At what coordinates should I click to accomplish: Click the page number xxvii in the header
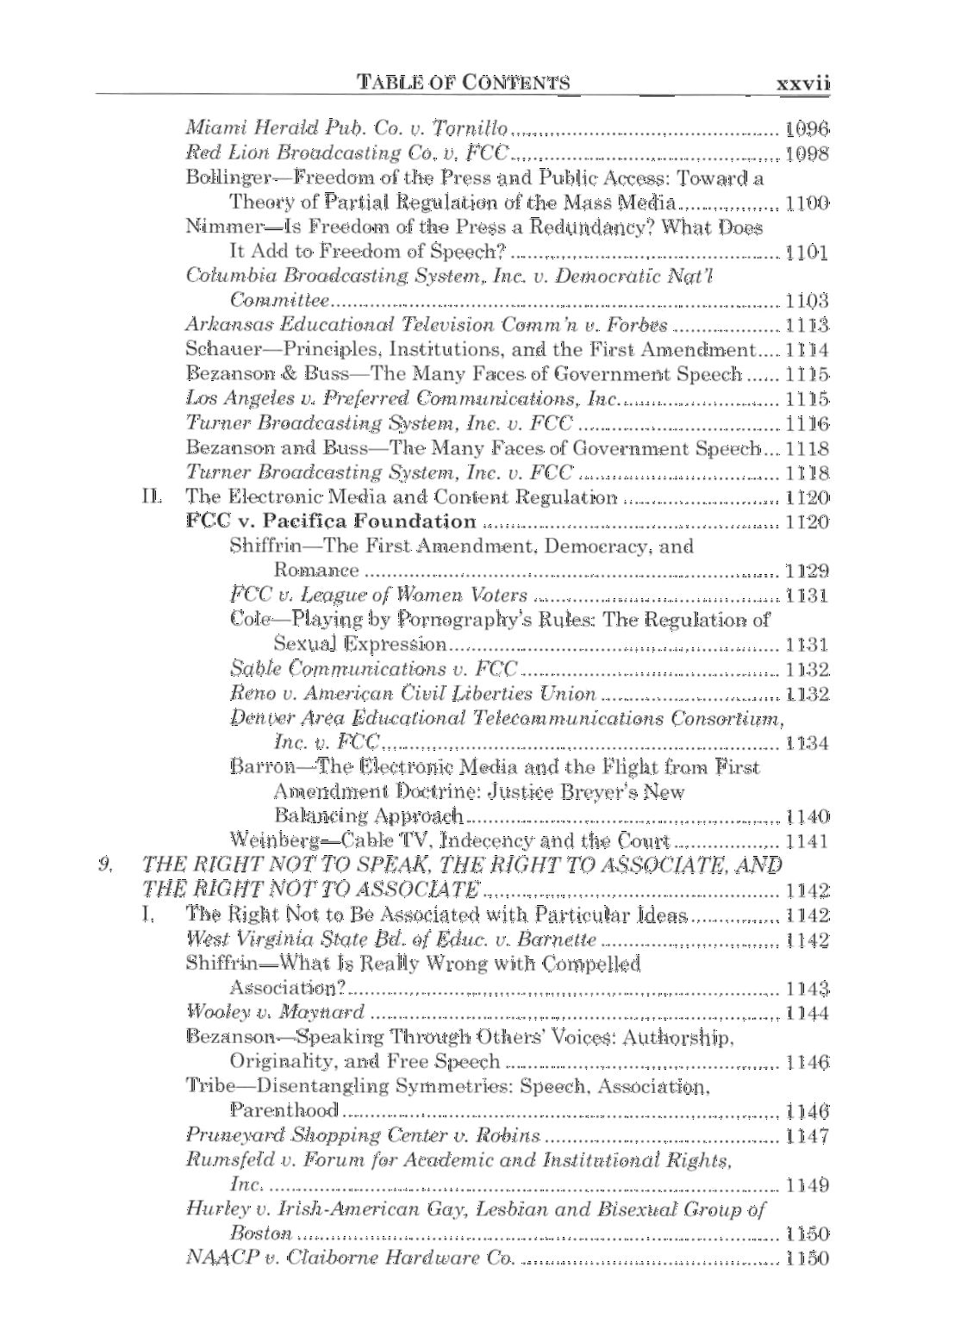[x=801, y=83]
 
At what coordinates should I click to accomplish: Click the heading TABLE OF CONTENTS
[x=464, y=83]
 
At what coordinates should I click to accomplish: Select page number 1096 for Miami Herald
[x=807, y=129]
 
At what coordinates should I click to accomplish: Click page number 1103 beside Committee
[x=807, y=301]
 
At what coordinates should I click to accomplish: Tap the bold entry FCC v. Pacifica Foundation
[x=331, y=521]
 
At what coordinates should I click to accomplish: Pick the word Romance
[x=315, y=570]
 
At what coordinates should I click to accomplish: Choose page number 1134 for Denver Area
[x=807, y=742]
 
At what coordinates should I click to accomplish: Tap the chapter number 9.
[x=105, y=863]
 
